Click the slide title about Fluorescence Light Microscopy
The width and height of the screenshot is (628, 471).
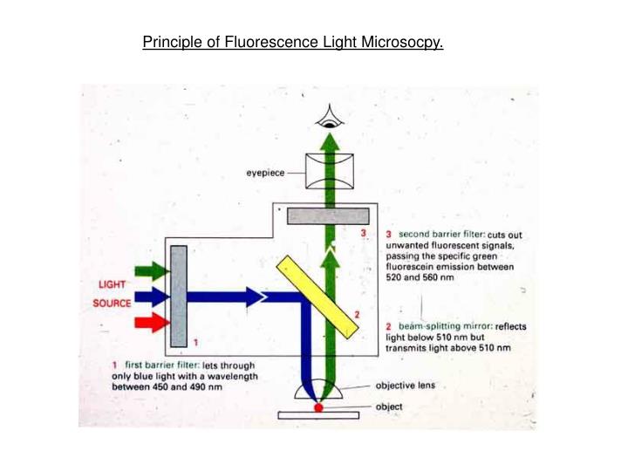tap(293, 42)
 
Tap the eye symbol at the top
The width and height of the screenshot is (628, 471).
tap(329, 116)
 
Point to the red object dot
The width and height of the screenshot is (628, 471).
tap(318, 406)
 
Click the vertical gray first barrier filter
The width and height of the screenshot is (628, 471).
tap(179, 296)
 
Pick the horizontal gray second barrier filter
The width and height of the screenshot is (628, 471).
tap(328, 215)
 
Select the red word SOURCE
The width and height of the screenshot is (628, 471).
tap(113, 304)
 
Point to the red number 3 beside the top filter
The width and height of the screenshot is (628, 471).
tap(364, 233)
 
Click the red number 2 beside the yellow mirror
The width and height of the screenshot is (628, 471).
tap(357, 314)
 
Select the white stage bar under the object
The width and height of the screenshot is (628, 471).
tap(318, 415)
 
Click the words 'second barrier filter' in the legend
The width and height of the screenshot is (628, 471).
tap(441, 235)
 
